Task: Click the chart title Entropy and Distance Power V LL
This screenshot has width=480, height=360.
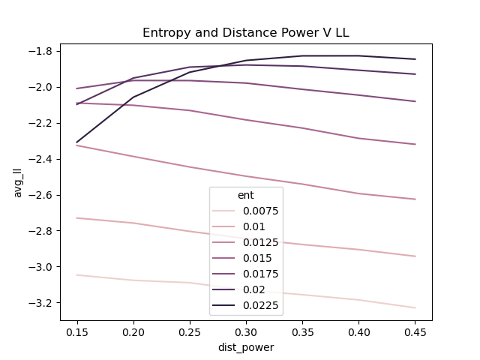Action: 246,33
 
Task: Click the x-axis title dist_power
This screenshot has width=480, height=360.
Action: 246,347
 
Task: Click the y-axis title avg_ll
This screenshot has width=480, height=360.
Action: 18,182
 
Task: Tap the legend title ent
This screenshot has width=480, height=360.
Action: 245,195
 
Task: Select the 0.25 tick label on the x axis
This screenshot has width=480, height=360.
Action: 190,331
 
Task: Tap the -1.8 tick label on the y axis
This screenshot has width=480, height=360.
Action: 42,51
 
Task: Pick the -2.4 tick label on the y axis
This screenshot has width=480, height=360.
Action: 42,159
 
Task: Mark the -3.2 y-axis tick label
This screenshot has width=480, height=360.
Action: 42,303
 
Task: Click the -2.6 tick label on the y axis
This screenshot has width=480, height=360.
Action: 42,195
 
